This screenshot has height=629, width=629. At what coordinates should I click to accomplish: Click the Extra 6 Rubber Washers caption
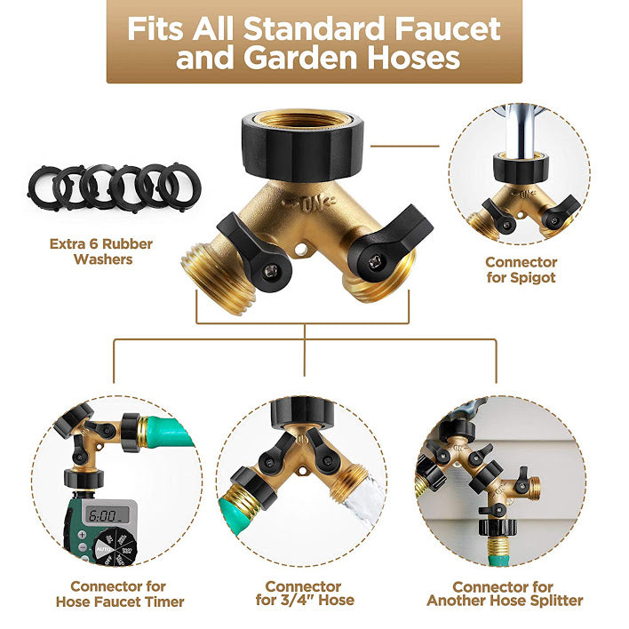101,251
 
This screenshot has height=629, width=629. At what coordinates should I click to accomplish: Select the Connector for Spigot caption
522,270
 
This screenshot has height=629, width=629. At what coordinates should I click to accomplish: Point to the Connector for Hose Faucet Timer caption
119,593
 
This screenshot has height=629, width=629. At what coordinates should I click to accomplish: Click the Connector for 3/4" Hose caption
305,593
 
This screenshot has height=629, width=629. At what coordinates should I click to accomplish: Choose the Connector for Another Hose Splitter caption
505,593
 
